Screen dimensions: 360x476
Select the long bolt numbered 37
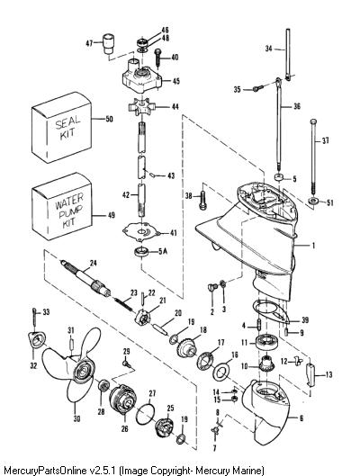pos(313,157)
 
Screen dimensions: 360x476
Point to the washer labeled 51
pos(312,201)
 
